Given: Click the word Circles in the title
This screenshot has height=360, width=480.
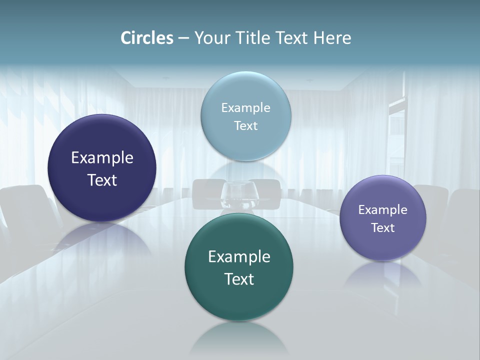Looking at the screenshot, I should pyautogui.click(x=147, y=38).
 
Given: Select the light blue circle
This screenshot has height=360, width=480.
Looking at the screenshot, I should pyautogui.click(x=246, y=90).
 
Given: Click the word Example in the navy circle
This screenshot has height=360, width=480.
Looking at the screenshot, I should pyautogui.click(x=102, y=158).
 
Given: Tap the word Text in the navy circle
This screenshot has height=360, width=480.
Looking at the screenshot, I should pyautogui.click(x=102, y=180).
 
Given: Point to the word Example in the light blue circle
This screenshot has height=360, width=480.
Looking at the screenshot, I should pyautogui.click(x=246, y=108).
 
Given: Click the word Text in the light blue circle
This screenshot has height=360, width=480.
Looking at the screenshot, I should pyautogui.click(x=246, y=125).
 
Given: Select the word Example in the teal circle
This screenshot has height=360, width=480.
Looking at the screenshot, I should pyautogui.click(x=239, y=257).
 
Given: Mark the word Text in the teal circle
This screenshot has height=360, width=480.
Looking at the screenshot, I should pyautogui.click(x=239, y=279).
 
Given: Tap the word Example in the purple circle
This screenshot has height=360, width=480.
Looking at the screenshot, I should pyautogui.click(x=383, y=210).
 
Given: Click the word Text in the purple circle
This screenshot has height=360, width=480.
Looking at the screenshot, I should pyautogui.click(x=383, y=227).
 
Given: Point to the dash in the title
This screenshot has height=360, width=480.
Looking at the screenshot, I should pyautogui.click(x=183, y=38).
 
